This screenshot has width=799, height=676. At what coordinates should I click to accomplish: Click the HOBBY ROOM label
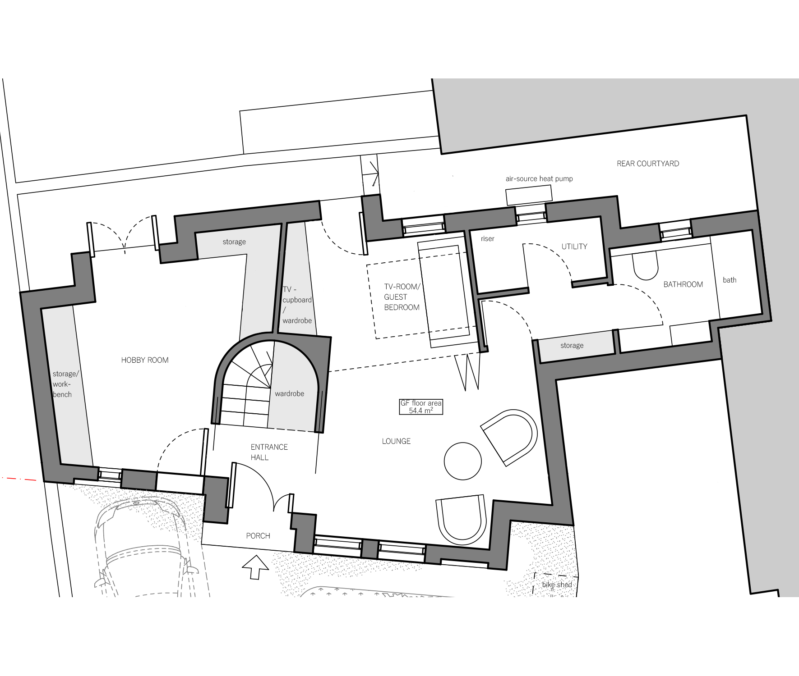tap(145, 360)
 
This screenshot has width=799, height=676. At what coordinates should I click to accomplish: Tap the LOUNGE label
tap(396, 441)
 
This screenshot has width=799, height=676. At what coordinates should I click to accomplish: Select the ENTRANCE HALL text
tap(269, 452)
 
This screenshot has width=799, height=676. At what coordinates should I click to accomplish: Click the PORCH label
tap(258, 536)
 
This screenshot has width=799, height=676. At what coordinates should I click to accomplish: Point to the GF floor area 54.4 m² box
tap(421, 407)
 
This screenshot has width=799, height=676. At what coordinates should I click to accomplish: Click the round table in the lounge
tap(462, 461)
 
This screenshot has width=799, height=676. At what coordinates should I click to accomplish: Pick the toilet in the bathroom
tap(645, 266)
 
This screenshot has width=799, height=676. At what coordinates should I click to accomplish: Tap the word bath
tap(730, 280)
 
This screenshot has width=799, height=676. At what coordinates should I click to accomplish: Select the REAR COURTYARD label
tap(648, 164)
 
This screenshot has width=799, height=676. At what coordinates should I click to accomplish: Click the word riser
tap(488, 239)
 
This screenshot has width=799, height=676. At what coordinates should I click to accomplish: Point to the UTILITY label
tap(574, 247)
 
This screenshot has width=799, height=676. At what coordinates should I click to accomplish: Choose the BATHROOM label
tap(683, 284)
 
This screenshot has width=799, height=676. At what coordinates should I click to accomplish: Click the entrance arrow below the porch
tap(256, 567)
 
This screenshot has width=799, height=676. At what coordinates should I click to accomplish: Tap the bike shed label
tap(557, 585)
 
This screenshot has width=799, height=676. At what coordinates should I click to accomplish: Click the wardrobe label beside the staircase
tap(289, 394)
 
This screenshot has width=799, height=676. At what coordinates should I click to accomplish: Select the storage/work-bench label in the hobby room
tap(65, 384)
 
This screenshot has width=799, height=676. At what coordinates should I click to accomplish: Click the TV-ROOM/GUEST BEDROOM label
tap(402, 297)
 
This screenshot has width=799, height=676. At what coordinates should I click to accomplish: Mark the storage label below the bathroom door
tap(572, 346)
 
